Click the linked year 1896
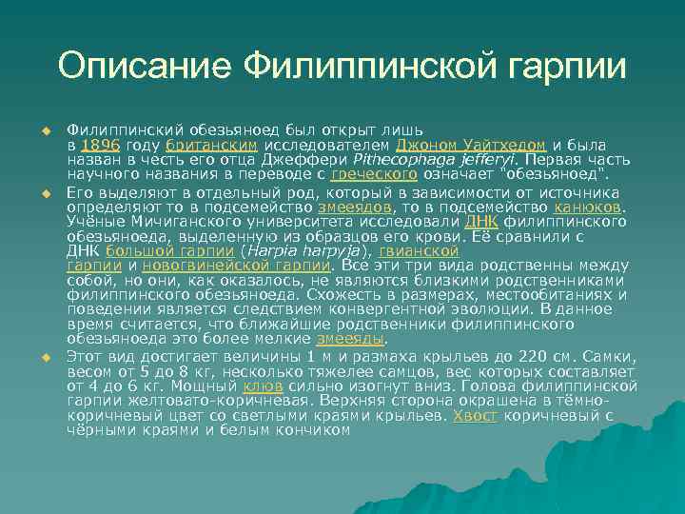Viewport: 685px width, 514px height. [99, 146]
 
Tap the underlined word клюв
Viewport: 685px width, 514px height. [259, 386]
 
